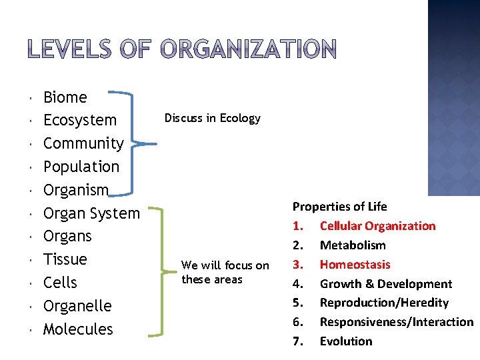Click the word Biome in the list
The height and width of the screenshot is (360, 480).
pos(65,97)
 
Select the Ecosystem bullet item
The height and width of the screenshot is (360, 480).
pos(79,121)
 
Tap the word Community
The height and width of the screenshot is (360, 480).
pos(83,143)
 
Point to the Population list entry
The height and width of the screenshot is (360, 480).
pos(81,167)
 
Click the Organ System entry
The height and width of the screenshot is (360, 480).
pos(91,213)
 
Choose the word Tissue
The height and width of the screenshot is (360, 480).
pos(65,259)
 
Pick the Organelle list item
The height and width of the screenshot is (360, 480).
pos(77,306)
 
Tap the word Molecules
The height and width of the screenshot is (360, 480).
pos(78,329)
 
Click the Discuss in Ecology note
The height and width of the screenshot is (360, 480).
pos(212,118)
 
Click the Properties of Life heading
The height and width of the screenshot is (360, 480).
pos(339,207)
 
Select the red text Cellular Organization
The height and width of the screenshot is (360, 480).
pos(377,226)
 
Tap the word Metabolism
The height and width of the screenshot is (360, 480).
pos(353,245)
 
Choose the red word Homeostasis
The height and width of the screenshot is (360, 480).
pos(355,265)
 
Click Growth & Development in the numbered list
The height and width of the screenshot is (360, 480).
pos(385,284)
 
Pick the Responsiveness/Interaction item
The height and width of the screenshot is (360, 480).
pos(396,322)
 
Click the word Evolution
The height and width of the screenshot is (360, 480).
pos(346,341)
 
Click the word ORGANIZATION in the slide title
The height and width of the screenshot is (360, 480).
pos(249,49)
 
